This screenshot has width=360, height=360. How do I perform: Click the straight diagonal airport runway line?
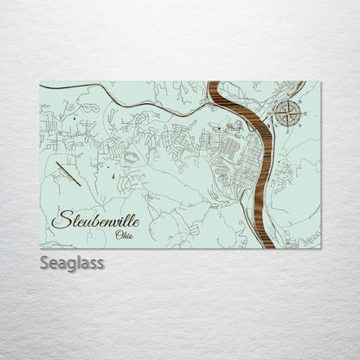pos(67,175)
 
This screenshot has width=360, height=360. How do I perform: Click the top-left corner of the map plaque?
pos(40,81)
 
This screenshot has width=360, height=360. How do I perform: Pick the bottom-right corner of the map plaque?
pos(320,248)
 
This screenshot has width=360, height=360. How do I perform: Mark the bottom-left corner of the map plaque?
pos(40,248)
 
